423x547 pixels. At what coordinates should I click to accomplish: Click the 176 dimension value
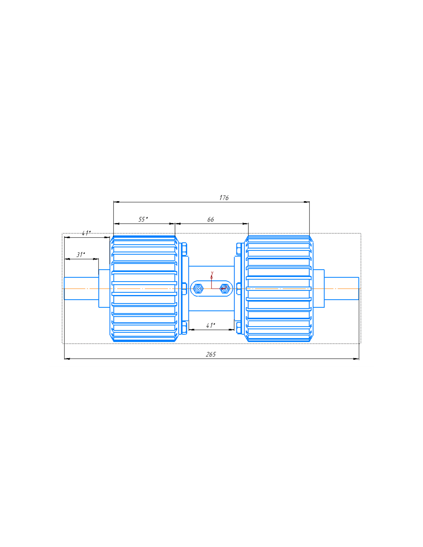[224, 198]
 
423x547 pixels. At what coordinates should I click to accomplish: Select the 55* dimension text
[143, 219]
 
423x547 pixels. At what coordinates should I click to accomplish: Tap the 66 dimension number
[210, 220]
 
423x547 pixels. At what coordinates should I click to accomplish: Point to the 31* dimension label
[80, 255]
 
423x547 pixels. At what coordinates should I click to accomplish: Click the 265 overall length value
[211, 354]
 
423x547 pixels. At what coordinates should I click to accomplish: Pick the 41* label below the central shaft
[211, 325]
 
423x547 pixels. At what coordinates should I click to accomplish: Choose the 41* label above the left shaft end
[86, 233]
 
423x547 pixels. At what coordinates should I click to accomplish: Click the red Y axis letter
[212, 273]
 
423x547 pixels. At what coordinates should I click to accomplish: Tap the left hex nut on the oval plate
[198, 289]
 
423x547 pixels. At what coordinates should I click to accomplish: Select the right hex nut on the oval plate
[225, 289]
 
